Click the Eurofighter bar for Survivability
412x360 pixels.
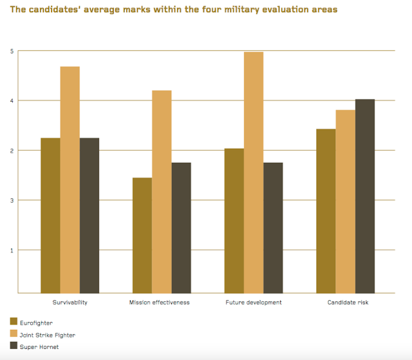coord(50,216)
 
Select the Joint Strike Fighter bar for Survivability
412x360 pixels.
coord(70,180)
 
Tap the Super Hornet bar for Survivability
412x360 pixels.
coord(89,216)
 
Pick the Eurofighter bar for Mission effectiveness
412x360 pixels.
coord(142,236)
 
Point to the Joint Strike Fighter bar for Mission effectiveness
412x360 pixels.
coord(162,192)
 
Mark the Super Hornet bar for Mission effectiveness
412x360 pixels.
coord(182,228)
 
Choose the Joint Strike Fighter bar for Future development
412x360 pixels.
coord(254,173)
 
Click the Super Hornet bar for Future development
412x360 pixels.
coord(273,228)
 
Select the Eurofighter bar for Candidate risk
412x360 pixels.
coord(326,211)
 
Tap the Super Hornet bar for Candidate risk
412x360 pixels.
coord(365,196)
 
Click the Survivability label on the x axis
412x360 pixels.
coord(70,302)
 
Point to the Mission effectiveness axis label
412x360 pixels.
coord(162,302)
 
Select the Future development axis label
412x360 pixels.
coord(254,302)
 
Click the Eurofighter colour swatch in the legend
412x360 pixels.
coord(14,322)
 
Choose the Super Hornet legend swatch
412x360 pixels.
coord(14,347)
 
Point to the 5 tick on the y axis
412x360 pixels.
coord(12,51)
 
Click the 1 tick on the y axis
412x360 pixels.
coord(12,250)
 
